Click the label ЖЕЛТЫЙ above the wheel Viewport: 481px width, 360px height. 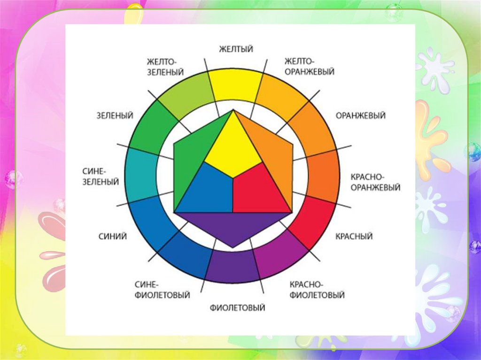click(236, 49)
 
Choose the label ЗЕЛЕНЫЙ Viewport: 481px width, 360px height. click(115, 115)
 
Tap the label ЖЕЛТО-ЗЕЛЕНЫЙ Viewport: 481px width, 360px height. click(164, 67)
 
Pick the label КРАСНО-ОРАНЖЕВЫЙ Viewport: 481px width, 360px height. click(375, 182)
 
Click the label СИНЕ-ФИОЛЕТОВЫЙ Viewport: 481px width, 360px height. click(162, 290)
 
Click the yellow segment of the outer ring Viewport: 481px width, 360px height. click(235, 84)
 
